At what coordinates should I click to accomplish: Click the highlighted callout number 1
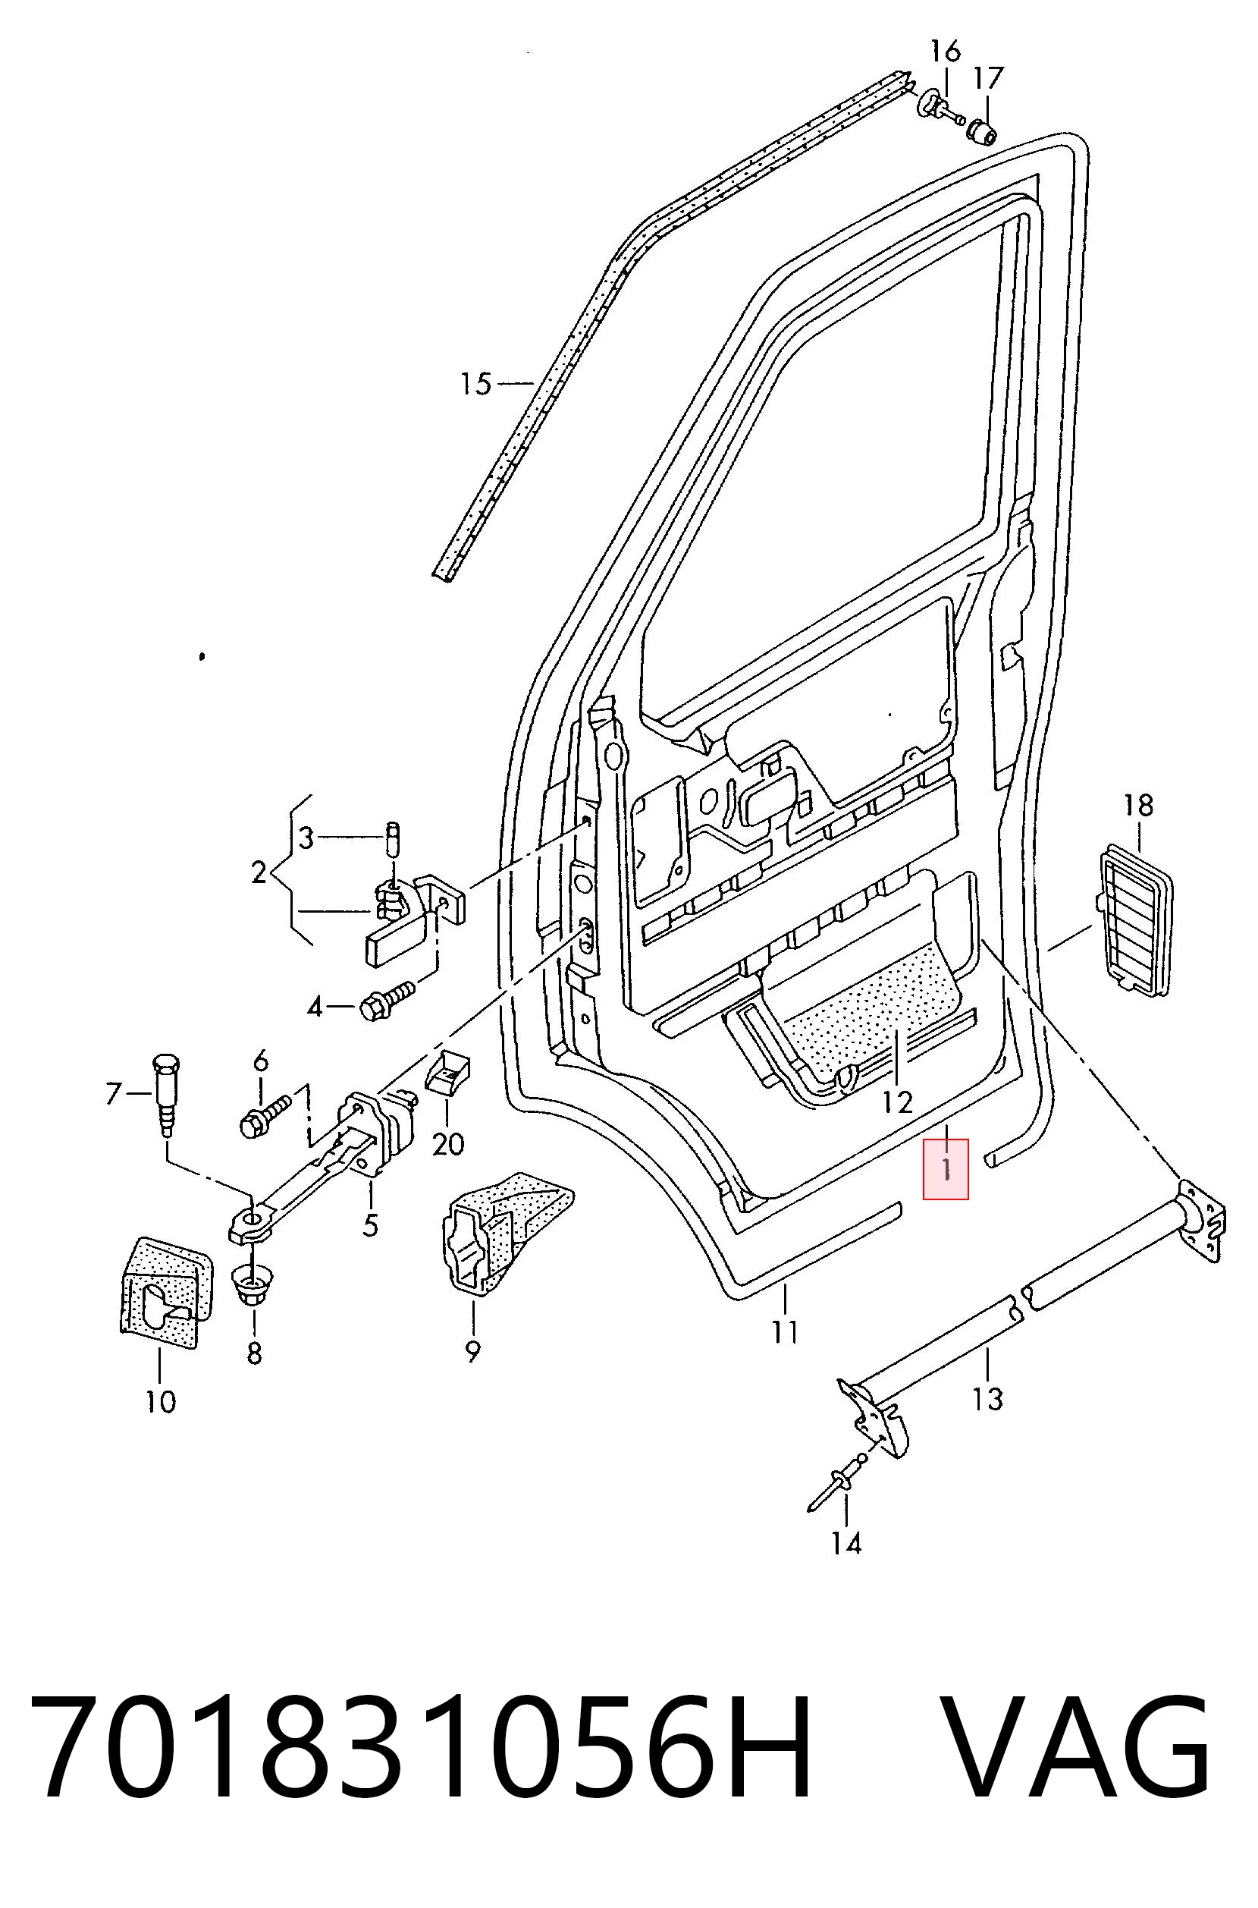(946, 1169)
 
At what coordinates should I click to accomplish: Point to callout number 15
(475, 384)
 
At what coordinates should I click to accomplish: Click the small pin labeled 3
(394, 838)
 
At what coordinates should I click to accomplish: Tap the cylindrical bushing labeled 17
(983, 130)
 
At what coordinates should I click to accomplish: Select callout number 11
(786, 1333)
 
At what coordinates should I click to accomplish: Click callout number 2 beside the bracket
(259, 872)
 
